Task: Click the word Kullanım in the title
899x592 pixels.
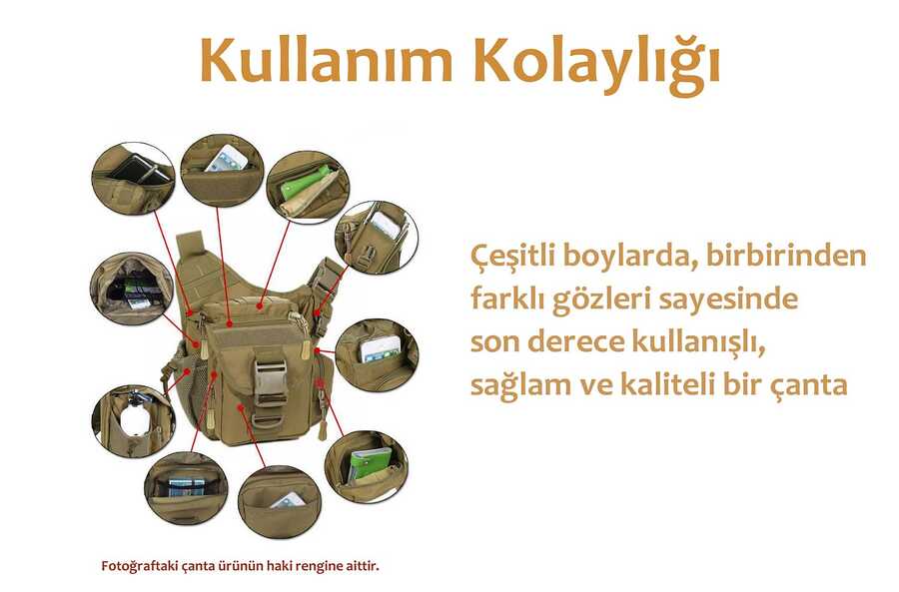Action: [327, 60]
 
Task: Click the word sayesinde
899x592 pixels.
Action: [728, 298]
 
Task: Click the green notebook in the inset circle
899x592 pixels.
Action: [371, 461]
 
